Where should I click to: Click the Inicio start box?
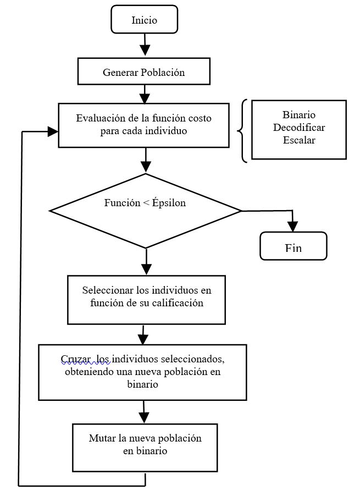coord(145,19)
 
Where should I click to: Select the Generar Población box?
coord(144,71)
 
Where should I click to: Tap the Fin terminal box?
coord(293,246)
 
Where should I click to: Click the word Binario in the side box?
coord(298,114)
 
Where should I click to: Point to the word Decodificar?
coord(299,127)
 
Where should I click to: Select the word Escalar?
coord(299,140)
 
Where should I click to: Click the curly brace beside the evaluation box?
coord(242,131)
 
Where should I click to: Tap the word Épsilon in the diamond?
coord(169,202)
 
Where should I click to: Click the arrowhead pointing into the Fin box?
coord(293,227)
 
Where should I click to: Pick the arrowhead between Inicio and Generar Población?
coord(145,50)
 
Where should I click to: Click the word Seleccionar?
coord(108,290)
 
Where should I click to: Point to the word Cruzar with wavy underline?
coord(76,359)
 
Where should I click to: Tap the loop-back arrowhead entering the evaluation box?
coord(52,131)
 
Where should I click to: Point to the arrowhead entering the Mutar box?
coord(144,418)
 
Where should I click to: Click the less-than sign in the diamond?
coord(146,202)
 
